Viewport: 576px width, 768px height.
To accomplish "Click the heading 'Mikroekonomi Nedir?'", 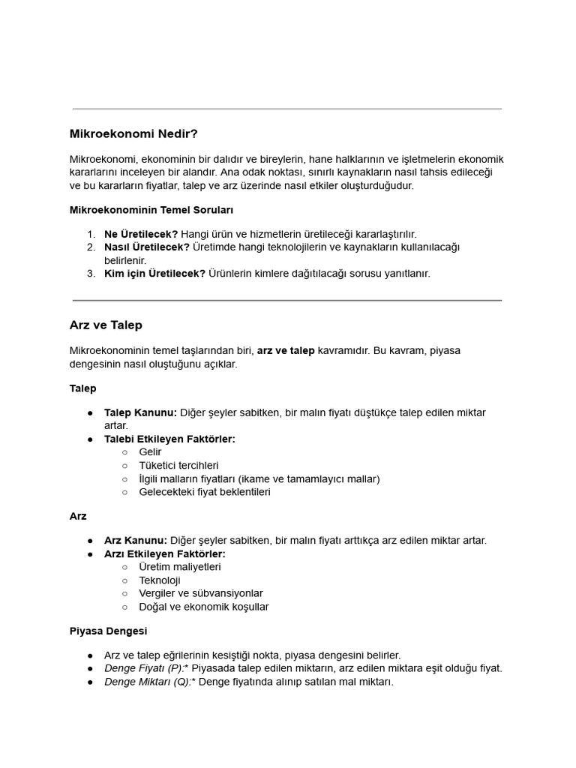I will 133,134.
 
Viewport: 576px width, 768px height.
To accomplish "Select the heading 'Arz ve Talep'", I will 106,325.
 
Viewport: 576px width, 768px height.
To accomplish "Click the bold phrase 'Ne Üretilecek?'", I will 141,234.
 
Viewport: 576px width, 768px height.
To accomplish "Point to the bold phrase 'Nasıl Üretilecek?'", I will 147,247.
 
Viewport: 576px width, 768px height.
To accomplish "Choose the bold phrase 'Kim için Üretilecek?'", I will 154,274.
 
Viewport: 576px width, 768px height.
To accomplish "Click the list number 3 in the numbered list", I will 90,274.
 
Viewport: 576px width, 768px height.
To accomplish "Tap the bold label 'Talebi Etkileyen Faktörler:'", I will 169,439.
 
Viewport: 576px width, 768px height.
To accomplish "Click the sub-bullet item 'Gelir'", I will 150,452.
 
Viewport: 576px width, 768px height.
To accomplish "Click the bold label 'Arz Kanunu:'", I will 136,541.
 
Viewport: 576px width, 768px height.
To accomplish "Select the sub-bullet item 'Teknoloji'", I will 160,580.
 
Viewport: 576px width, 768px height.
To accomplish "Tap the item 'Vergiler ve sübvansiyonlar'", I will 201,594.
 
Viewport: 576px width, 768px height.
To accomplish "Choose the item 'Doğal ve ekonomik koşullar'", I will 204,607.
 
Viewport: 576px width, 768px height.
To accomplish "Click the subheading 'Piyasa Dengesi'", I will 108,631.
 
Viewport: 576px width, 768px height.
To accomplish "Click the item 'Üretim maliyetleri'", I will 180,567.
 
